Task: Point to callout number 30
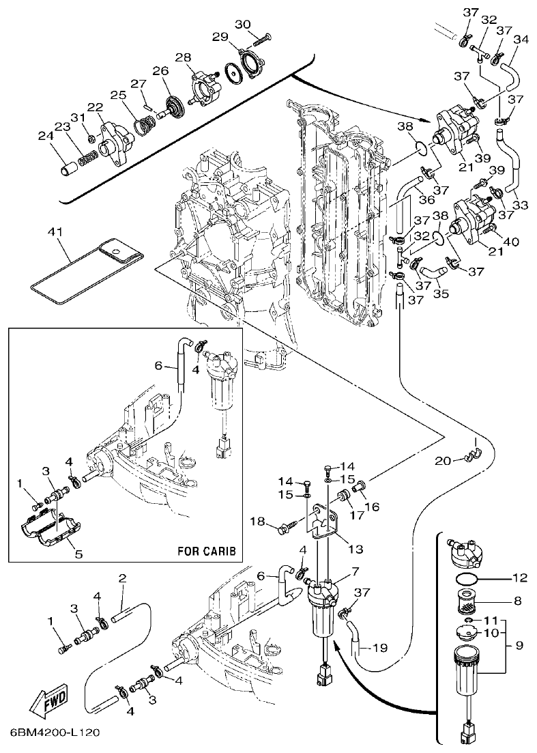point(243,25)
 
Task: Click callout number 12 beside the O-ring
point(519,578)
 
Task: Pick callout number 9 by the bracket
point(520,644)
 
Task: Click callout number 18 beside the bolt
point(257,522)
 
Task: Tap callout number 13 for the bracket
point(354,548)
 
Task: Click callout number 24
point(45,136)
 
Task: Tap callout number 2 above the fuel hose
point(122,579)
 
